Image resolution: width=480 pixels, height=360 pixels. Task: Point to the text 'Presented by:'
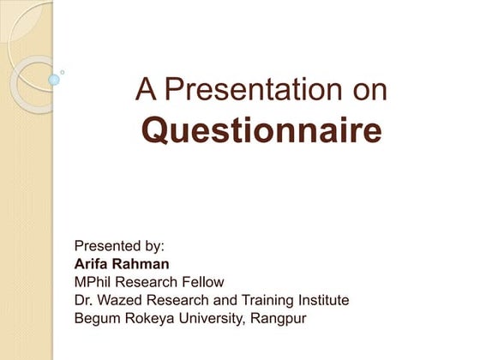pos(119,244)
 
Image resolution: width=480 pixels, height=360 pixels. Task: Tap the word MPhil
pos(95,281)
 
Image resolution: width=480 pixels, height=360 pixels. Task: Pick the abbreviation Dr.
pos(84,300)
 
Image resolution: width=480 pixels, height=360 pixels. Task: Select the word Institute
pos(320,300)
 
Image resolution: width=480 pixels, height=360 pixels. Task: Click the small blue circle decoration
pos(54,80)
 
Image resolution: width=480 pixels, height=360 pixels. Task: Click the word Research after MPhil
pos(147,281)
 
